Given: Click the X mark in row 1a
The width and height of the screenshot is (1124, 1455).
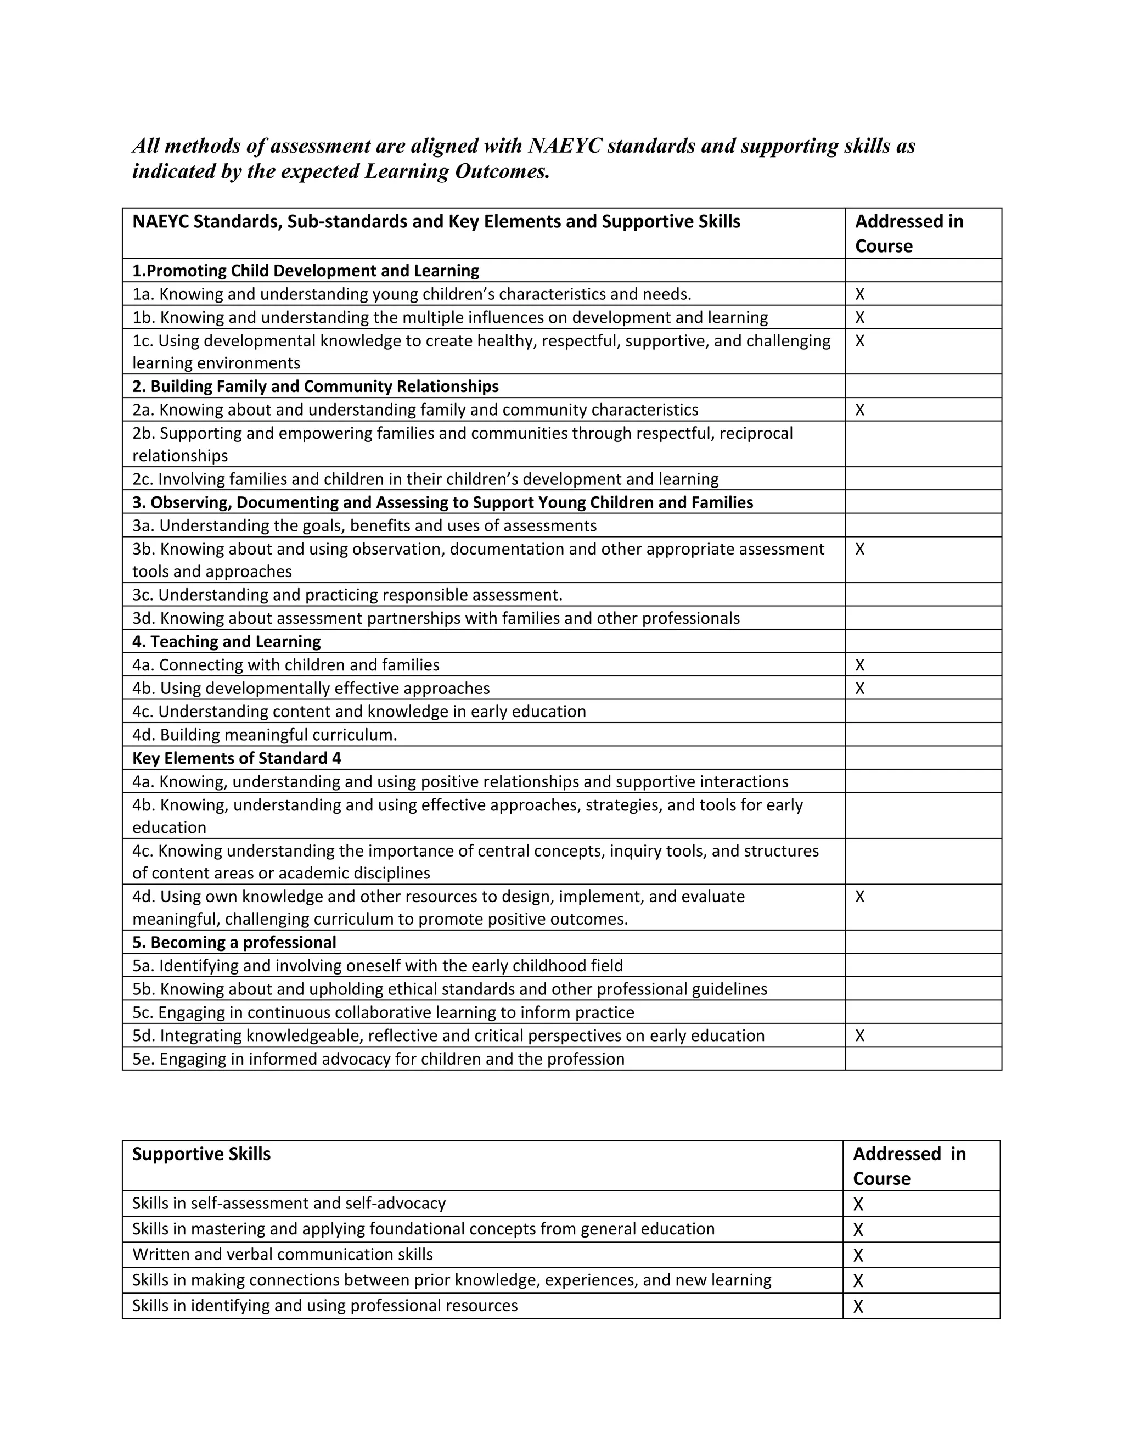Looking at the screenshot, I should (x=859, y=294).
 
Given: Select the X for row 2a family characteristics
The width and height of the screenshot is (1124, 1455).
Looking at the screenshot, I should (x=859, y=410).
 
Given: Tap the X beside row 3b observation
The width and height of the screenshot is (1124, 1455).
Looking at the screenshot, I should (x=859, y=549).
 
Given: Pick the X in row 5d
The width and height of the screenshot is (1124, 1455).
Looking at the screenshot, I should (x=859, y=1036).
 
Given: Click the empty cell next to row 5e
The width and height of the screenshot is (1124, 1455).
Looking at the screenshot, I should (x=923, y=1059).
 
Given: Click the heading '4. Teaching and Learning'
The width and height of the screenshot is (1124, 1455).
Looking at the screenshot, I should (x=227, y=641).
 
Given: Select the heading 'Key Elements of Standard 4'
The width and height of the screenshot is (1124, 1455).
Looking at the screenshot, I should (x=237, y=758).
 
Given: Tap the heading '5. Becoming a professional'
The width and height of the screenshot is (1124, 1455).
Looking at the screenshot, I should (x=234, y=942).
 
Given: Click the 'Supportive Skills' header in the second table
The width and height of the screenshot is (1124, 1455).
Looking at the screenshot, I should (x=201, y=1154).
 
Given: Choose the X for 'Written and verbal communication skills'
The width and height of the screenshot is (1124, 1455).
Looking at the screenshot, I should (x=858, y=1255).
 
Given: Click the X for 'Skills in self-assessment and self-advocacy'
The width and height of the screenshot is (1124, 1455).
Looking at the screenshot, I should (x=858, y=1204).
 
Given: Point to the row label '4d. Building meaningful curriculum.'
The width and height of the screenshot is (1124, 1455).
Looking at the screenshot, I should (x=265, y=735).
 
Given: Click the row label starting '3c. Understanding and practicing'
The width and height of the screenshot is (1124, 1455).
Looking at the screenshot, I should (x=347, y=594).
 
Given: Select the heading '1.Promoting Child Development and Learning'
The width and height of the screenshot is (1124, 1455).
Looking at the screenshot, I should (x=306, y=271).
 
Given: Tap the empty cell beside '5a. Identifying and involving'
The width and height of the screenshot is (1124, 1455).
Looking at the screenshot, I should (x=923, y=965).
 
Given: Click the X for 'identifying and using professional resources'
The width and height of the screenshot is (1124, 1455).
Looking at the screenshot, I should (x=858, y=1306).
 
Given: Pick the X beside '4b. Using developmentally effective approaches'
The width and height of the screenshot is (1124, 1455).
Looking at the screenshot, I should (x=859, y=688).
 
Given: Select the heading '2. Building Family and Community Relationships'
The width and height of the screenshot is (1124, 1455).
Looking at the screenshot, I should (x=315, y=387).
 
